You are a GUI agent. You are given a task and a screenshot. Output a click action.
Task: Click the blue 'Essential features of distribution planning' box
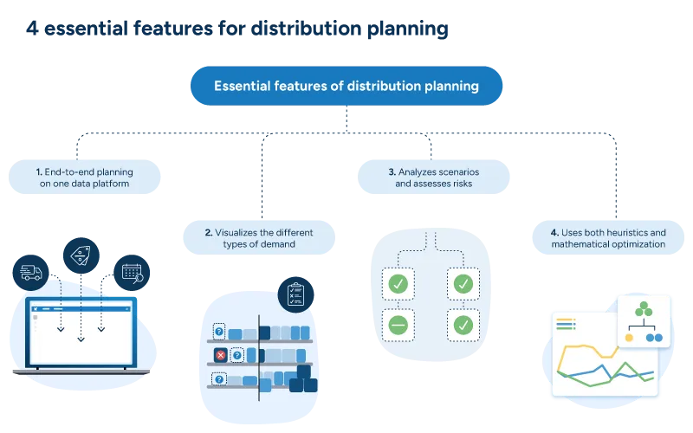pos(346,86)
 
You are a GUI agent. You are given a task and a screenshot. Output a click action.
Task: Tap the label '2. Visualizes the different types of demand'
pos(259,238)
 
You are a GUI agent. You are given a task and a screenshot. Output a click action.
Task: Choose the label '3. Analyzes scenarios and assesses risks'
pos(433,178)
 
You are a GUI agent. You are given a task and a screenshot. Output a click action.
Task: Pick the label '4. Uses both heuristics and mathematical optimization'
pos(608,238)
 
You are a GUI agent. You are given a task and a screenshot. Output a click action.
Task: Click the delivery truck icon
pos(29,273)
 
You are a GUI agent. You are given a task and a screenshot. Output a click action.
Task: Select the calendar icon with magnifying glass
pos(133,272)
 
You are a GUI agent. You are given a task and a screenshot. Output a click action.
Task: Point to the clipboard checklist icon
pos(295,295)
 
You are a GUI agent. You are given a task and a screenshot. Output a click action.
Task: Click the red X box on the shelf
pos(220,355)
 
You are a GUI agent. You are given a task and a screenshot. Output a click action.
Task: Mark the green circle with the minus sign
pos(398,326)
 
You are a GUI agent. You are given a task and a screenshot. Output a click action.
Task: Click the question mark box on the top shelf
pos(219,332)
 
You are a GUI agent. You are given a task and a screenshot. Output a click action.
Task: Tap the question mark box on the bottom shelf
pos(219,378)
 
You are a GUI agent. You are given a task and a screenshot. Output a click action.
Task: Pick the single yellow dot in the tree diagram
pos(640,337)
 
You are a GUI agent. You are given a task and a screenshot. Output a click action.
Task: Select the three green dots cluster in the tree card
pos(642,309)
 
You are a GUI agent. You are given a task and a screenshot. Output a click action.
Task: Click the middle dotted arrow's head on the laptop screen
pos(81,339)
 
